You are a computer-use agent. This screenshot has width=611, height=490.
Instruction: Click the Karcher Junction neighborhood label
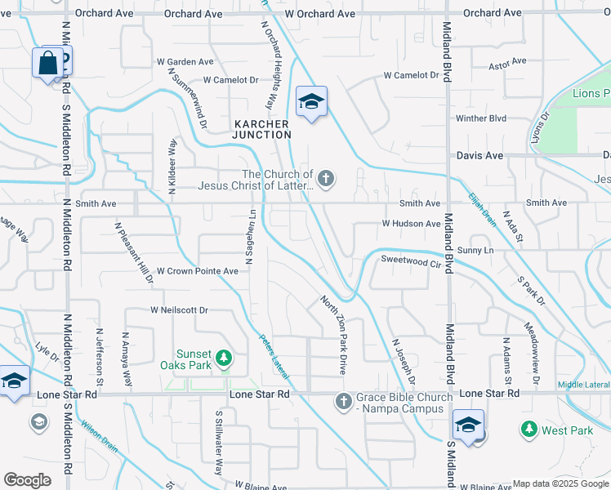261,129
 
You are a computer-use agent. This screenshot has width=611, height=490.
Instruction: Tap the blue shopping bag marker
48,63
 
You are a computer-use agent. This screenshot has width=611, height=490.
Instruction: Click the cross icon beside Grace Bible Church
343,401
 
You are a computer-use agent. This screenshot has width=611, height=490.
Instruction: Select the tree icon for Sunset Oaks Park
223,358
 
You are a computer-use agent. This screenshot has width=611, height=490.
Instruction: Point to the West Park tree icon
528,429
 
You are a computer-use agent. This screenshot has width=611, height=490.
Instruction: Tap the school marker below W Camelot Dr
311,102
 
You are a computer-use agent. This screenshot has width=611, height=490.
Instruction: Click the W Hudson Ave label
411,223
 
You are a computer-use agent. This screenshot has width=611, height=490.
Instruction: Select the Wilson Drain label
98,435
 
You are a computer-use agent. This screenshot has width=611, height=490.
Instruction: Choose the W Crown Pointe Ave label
198,270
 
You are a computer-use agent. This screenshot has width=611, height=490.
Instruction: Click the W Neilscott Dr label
179,310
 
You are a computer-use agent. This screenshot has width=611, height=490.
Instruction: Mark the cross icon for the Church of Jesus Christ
326,178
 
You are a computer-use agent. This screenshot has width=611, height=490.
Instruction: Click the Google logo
27,480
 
